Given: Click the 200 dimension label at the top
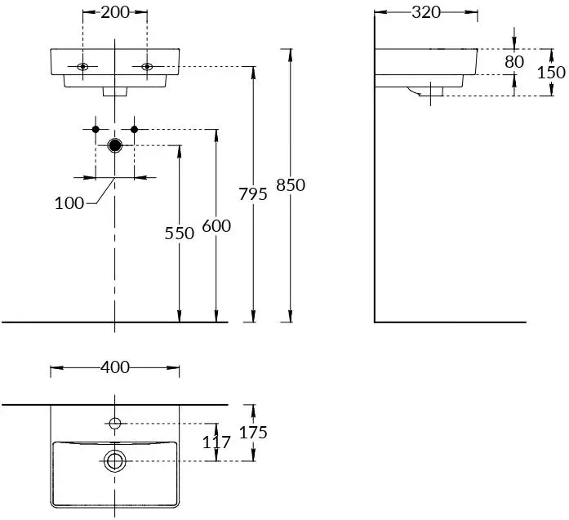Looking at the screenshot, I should click(115, 12).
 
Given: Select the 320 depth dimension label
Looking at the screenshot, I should click(425, 12).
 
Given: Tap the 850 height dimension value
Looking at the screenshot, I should click(291, 185).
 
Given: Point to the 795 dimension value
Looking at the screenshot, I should click(253, 194).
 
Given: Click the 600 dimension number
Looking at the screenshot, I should click(216, 226).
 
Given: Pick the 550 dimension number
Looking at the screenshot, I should click(180, 233).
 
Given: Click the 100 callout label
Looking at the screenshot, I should click(69, 203).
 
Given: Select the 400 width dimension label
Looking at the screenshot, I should click(115, 367).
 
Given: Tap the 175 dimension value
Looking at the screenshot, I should click(254, 433).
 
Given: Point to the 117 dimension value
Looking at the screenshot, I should click(216, 442).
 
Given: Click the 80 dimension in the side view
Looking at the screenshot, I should click(514, 61).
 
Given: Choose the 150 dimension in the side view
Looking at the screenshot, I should click(551, 72).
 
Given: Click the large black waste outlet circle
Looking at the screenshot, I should click(115, 146).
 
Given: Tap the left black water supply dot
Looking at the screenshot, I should click(96, 129).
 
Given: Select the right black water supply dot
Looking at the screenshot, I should click(135, 129).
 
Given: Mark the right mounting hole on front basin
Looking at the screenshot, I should click(147, 66).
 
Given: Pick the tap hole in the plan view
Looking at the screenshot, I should click(115, 423).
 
